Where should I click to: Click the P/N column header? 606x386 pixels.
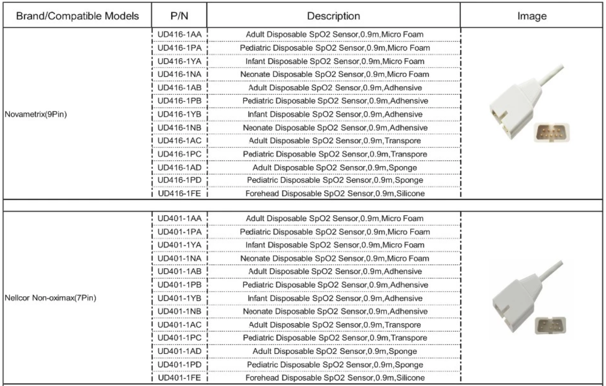(179, 16)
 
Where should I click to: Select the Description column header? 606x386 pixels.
(333, 16)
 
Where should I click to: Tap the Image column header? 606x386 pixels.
(532, 16)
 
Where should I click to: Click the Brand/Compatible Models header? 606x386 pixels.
(77, 16)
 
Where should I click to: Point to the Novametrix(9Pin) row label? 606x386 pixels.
(36, 114)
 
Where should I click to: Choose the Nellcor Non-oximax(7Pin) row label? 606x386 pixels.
(50, 298)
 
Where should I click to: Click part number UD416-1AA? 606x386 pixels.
(179, 34)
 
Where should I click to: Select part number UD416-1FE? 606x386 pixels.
(179, 194)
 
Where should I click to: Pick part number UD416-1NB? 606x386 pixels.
(179, 128)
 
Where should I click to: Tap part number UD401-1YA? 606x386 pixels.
(179, 245)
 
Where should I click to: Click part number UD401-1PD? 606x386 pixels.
(179, 365)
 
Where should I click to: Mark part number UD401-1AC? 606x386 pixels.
(179, 325)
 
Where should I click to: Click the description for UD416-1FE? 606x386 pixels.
(335, 194)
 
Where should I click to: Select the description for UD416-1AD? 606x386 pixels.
(335, 168)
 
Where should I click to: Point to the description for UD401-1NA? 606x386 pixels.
(335, 258)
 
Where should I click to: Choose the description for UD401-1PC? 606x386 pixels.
(335, 338)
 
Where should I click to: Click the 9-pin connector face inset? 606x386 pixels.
(551, 132)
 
